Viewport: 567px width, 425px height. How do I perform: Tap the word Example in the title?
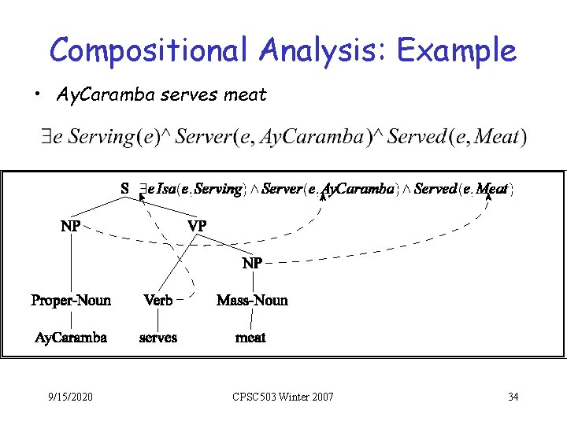457,51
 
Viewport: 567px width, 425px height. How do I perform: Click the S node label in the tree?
124,189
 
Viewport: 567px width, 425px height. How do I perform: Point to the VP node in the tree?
197,226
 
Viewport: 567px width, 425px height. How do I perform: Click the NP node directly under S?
70,226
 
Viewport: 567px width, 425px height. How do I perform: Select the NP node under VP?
252,264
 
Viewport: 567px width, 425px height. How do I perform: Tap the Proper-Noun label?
71,300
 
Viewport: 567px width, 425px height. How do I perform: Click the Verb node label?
158,300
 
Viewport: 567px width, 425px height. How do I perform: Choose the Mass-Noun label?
252,300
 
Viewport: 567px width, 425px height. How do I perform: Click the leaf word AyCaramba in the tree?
71,338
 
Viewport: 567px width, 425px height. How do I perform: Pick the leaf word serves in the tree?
158,338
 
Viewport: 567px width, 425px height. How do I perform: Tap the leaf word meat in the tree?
251,338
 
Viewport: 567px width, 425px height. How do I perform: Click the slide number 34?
513,397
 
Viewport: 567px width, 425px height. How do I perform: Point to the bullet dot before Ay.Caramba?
38,96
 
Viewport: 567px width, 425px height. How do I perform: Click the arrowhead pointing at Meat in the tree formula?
488,197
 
